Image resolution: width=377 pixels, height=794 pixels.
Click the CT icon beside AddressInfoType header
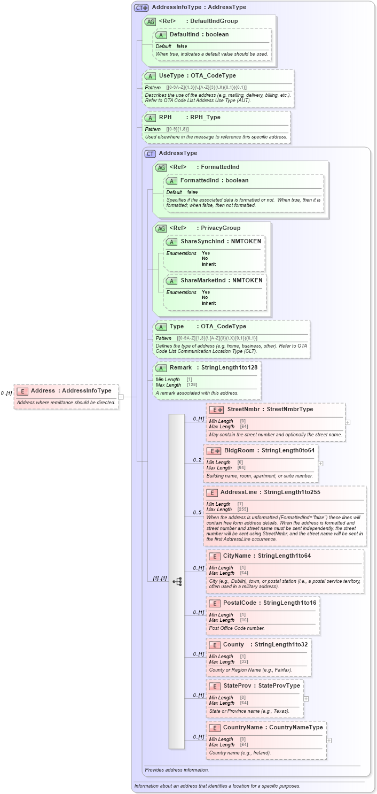click(142, 7)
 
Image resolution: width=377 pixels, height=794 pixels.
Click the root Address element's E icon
click(21, 391)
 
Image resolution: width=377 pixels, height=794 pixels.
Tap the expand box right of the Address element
click(121, 397)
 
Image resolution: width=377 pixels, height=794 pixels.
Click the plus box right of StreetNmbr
click(348, 422)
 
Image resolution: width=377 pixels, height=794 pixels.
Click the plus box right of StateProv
click(306, 698)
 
